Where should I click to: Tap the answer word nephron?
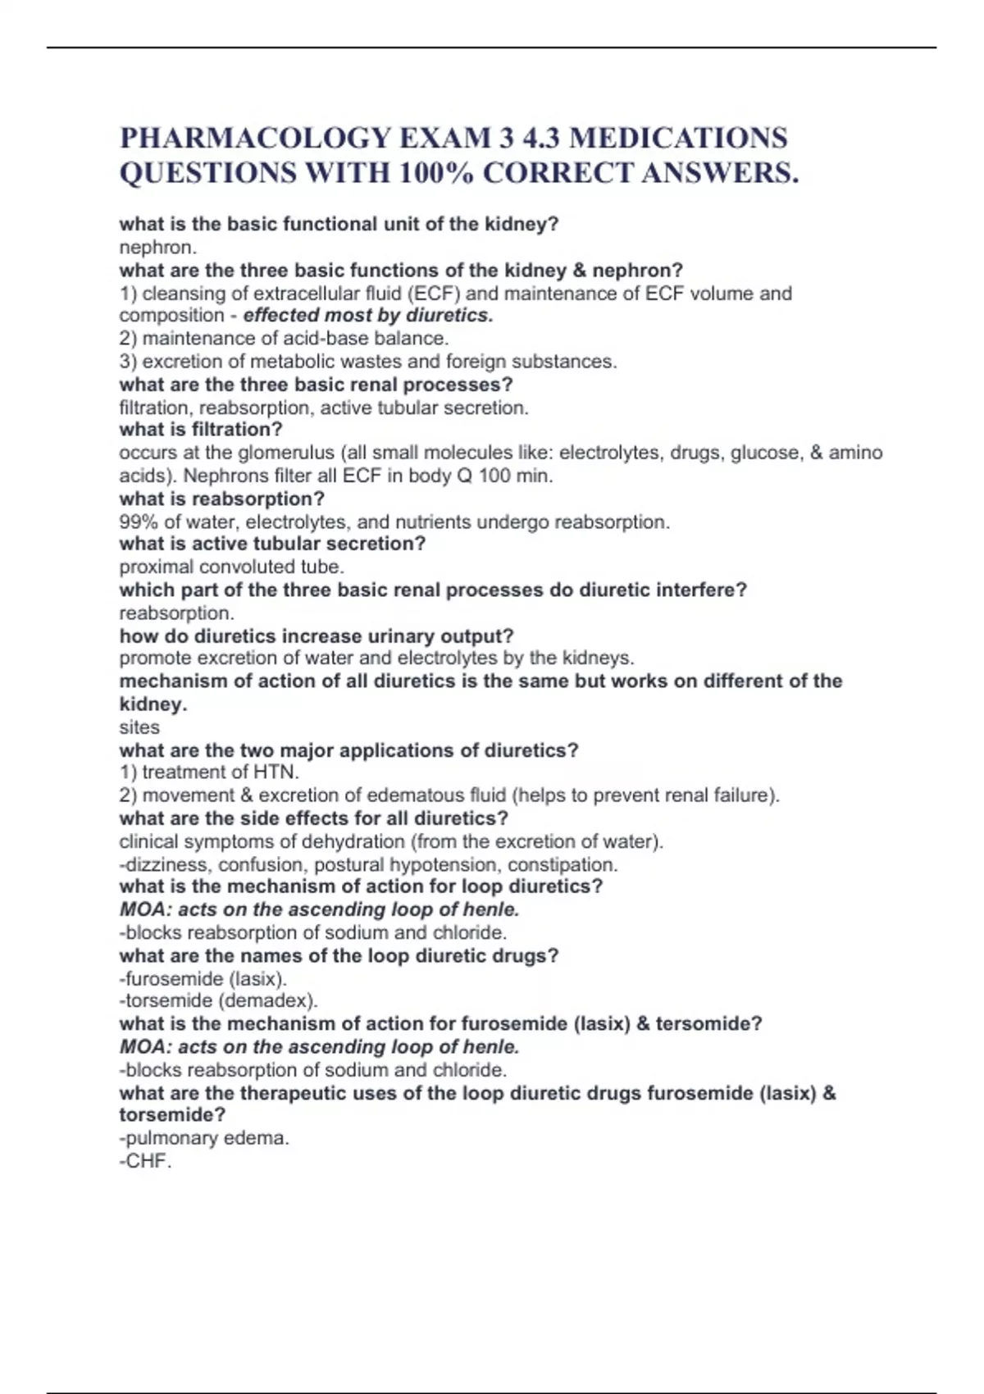157,247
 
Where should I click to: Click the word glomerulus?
286,453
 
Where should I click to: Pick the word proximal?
156,567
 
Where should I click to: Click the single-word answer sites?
139,727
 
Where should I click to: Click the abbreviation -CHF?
145,1161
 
